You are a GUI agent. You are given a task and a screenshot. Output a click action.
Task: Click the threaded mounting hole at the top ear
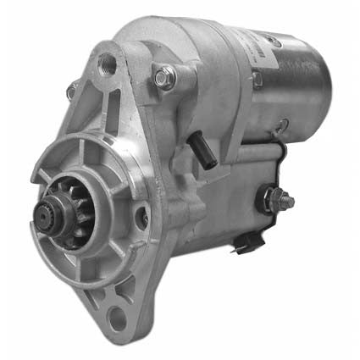108,62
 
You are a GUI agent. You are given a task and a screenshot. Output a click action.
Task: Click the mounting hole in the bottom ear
119,318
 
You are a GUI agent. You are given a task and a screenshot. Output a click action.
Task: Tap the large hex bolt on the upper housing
163,79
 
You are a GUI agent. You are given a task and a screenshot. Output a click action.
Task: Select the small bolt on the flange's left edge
71,89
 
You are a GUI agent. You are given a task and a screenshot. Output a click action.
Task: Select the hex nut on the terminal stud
273,201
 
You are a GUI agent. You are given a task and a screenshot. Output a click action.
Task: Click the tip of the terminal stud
289,202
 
